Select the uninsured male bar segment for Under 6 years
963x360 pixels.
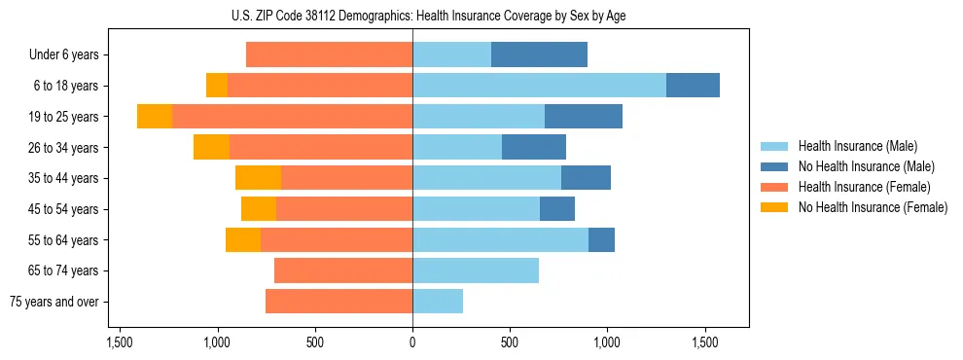pyautogui.click(x=539, y=54)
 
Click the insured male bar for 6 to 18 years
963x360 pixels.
pyautogui.click(x=539, y=86)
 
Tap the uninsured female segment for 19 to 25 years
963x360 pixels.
pyautogui.click(x=155, y=117)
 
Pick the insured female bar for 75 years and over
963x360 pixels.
pyautogui.click(x=339, y=302)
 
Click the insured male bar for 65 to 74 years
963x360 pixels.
pyautogui.click(x=476, y=270)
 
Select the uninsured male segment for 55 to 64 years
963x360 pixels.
pyautogui.click(x=601, y=239)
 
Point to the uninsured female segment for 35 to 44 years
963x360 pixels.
pyautogui.click(x=258, y=178)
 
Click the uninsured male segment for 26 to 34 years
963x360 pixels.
pyautogui.click(x=534, y=147)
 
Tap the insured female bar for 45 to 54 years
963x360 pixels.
pyautogui.click(x=344, y=209)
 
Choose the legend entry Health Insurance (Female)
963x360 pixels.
pyautogui.click(x=864, y=187)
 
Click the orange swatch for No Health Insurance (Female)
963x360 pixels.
pyautogui.click(x=775, y=207)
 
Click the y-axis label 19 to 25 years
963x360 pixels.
pyautogui.click(x=64, y=117)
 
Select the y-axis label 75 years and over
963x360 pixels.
pyautogui.click(x=54, y=302)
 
